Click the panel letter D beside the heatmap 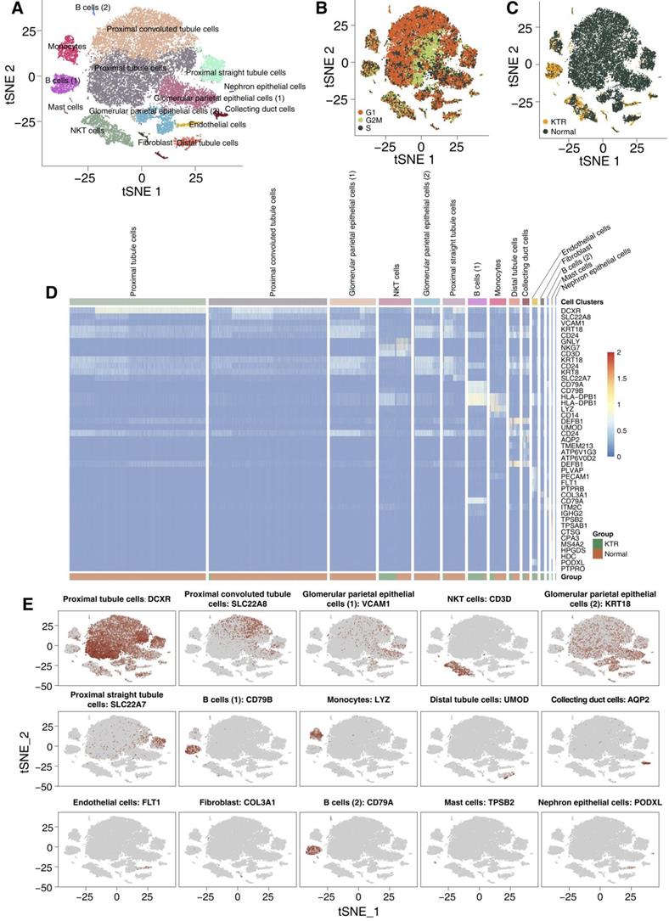pos(52,293)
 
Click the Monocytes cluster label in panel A pos(66,47)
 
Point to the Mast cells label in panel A pos(63,108)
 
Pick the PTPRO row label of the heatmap pos(571,566)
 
